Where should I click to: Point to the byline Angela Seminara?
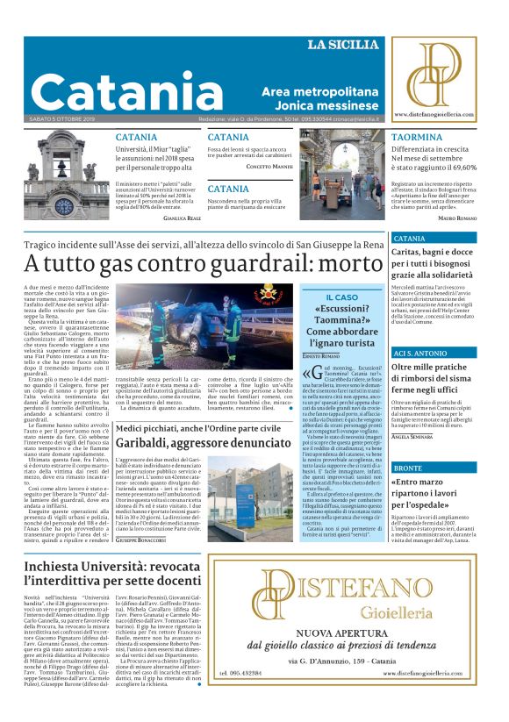(x=415, y=436)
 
